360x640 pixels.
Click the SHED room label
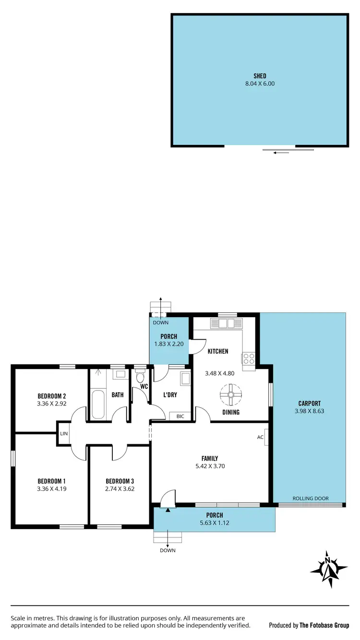pyautogui.click(x=260, y=76)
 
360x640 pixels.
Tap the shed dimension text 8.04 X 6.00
pyautogui.click(x=260, y=83)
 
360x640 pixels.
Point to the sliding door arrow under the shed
pyautogui.click(x=281, y=153)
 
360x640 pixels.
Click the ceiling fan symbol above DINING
pyautogui.click(x=231, y=395)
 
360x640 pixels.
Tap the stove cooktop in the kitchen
pyautogui.click(x=249, y=360)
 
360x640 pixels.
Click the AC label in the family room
pyautogui.click(x=260, y=437)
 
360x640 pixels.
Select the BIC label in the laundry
pyautogui.click(x=180, y=416)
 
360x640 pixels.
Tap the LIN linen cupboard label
pyautogui.click(x=63, y=434)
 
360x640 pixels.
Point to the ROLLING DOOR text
pyautogui.click(x=311, y=498)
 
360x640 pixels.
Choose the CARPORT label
pyautogui.click(x=309, y=403)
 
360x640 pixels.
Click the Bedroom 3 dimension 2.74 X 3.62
pyautogui.click(x=120, y=489)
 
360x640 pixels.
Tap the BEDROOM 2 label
pyautogui.click(x=51, y=396)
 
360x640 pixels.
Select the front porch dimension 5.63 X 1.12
pyautogui.click(x=214, y=523)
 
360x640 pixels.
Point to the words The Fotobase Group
pyautogui.click(x=324, y=625)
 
